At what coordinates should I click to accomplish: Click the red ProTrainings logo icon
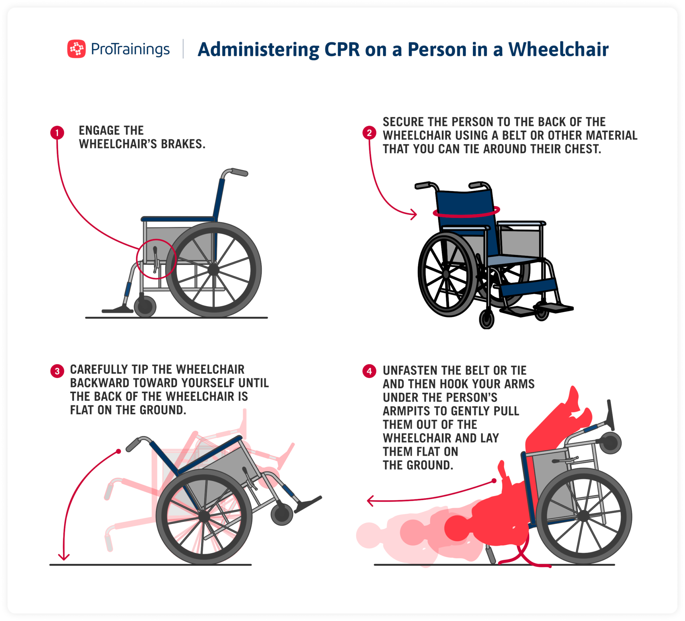click(x=76, y=48)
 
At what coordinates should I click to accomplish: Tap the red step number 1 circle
click(x=57, y=133)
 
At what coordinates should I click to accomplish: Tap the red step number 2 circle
click(x=369, y=133)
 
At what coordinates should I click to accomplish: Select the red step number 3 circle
click(x=57, y=371)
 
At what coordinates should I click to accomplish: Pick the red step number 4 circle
click(x=369, y=371)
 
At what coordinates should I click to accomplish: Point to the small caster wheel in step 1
click(x=145, y=306)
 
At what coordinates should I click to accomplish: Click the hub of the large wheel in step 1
click(x=213, y=270)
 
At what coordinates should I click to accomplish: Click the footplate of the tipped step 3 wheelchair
click(x=308, y=505)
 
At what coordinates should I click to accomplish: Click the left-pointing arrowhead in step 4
click(x=370, y=501)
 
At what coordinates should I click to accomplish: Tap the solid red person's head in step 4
click(x=456, y=528)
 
